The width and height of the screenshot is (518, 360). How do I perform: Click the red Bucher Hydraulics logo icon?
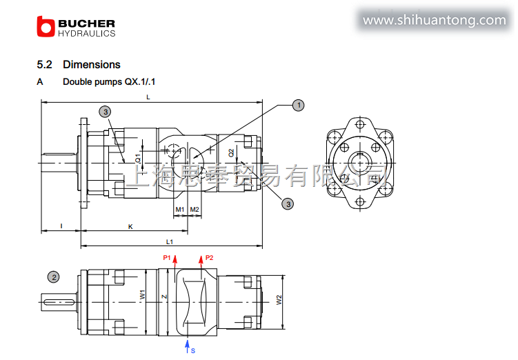[x=46, y=26]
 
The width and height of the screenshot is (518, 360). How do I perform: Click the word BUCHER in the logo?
[x=86, y=23]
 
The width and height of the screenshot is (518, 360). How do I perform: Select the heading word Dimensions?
[x=92, y=64]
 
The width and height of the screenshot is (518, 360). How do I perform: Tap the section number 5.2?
[x=44, y=64]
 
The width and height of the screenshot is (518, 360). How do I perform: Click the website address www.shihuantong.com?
[x=434, y=20]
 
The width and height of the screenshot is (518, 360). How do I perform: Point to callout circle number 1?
[x=298, y=106]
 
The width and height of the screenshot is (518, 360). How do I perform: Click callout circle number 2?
[x=54, y=277]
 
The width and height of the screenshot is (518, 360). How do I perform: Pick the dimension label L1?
[x=170, y=242]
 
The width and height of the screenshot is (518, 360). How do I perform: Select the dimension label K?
[x=130, y=227]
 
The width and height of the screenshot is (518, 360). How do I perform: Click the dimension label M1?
[x=180, y=210]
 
